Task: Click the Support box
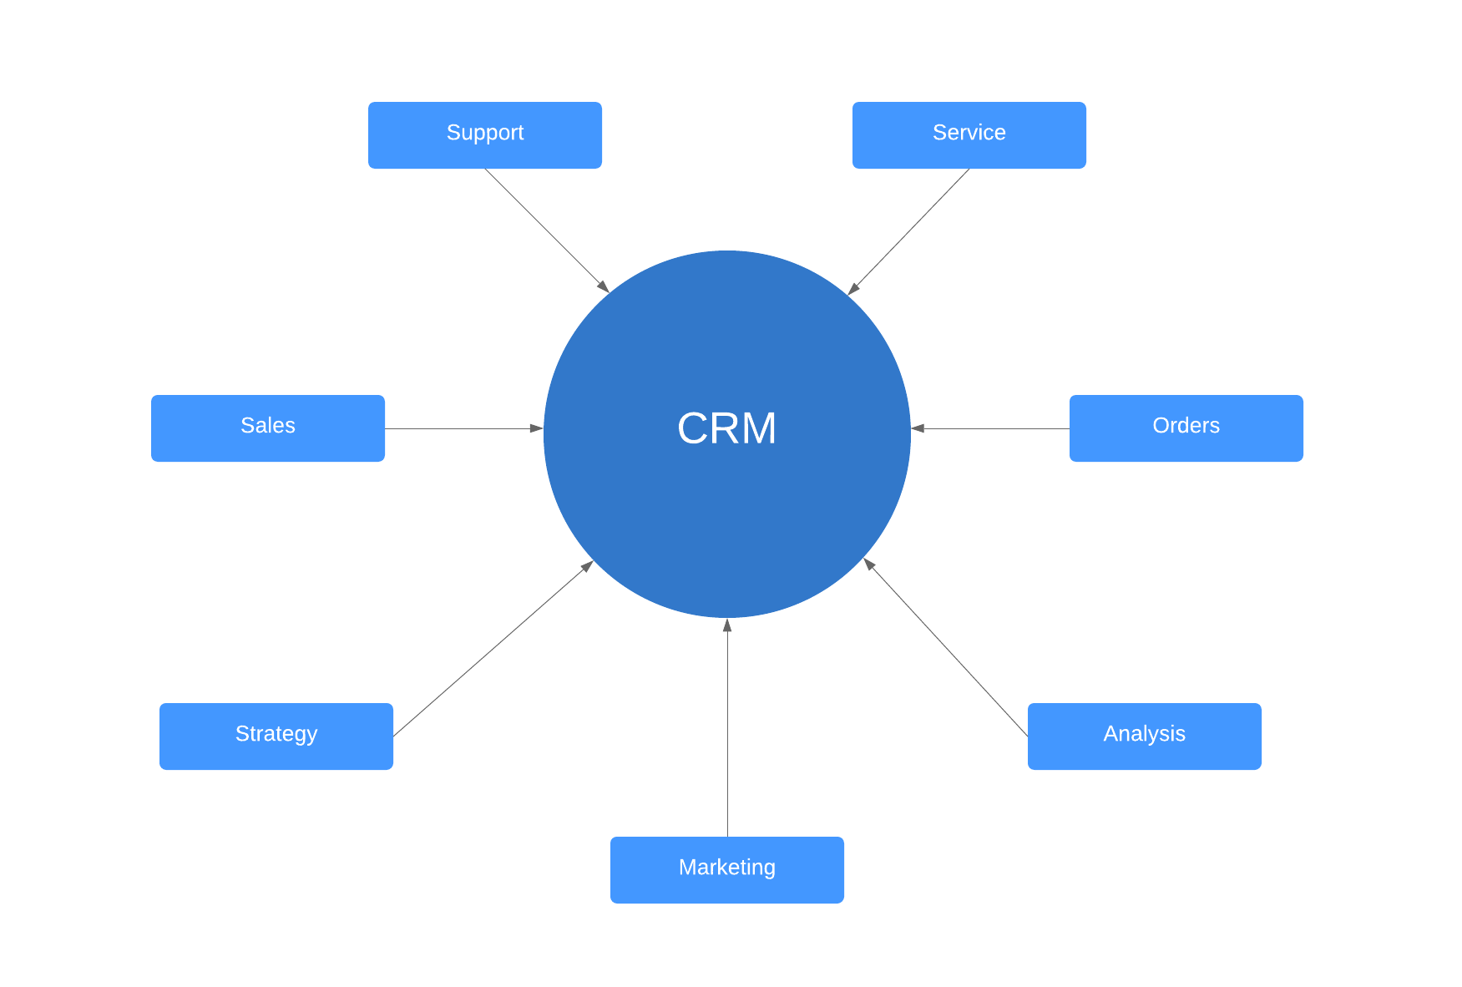point(484,134)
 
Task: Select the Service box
point(969,134)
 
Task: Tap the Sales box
point(267,428)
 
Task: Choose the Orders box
point(1186,428)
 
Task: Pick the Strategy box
point(276,736)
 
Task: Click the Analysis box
point(1144,736)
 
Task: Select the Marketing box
point(726,869)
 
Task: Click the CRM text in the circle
point(726,428)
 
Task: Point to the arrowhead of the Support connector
point(604,286)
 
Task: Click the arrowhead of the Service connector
point(853,289)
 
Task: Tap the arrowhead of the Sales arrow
point(537,428)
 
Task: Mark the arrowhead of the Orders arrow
point(918,428)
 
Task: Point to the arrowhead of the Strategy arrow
point(588,565)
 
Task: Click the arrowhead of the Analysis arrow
point(868,564)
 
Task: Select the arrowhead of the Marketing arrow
point(727,625)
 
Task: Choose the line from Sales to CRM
point(459,428)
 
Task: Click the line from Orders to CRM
point(994,428)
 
